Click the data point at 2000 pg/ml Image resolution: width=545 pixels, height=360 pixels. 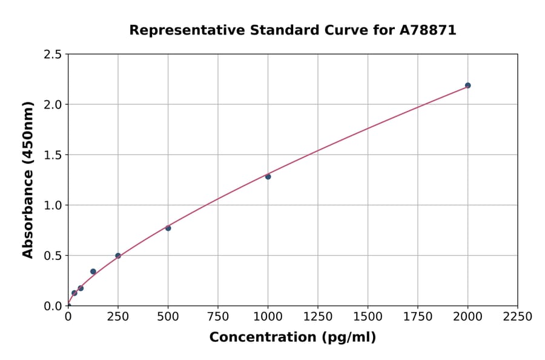click(467, 85)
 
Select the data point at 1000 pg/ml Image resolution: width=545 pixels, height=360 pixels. click(268, 176)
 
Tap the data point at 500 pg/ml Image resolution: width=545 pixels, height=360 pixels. click(168, 228)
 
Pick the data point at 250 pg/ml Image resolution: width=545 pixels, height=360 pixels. click(118, 256)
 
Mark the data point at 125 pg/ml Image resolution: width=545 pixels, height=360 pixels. click(93, 272)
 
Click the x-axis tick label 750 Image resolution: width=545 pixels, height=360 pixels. click(218, 317)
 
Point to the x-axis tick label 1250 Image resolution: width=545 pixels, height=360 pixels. click(318, 317)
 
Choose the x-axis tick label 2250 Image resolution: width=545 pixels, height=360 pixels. click(518, 317)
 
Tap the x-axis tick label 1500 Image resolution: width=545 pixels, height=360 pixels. click(368, 317)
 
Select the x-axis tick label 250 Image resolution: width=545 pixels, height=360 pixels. click(118, 317)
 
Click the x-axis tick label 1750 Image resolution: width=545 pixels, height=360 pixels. click(418, 317)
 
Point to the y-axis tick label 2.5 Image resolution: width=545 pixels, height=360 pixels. click(53, 55)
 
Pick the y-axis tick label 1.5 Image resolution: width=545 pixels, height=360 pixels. click(53, 155)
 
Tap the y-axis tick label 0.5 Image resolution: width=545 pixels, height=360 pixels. click(53, 256)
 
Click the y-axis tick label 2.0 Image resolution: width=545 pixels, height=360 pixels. click(53, 105)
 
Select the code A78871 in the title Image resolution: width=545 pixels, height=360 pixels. click(429, 30)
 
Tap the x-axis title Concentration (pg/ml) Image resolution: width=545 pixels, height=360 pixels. click(292, 338)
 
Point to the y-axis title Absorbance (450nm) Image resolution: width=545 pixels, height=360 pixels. click(28, 179)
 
